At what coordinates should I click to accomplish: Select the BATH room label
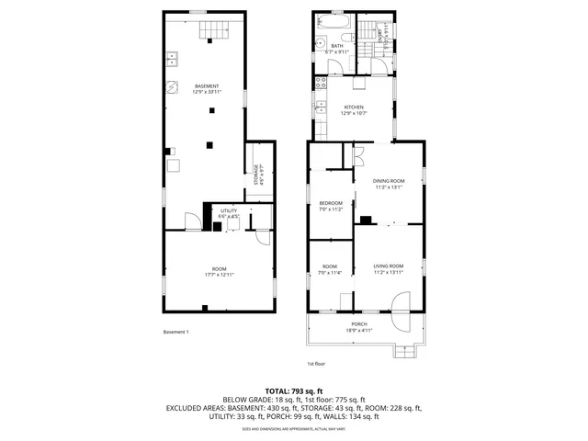pos(337,47)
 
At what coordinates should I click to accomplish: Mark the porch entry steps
pos(404,350)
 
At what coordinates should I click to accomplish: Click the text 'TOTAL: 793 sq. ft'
pos(293,391)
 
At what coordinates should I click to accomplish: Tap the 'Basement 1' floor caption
pos(175,332)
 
